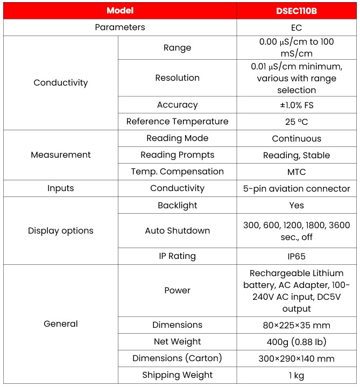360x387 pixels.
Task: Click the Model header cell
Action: tap(119, 11)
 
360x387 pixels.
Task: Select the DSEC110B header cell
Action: tap(296, 11)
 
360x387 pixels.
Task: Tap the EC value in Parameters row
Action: tap(296, 27)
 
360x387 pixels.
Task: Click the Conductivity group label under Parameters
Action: tap(60, 83)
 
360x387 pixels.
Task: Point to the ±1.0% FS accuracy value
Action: tap(296, 105)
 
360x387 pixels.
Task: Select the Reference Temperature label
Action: tap(177, 122)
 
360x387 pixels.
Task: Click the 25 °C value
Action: tap(296, 122)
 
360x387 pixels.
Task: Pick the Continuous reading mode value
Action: tap(296, 139)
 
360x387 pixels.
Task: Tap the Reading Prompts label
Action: tap(177, 155)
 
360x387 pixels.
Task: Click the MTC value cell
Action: tap(296, 172)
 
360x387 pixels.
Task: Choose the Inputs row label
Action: tap(60, 188)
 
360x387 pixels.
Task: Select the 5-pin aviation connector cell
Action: tap(296, 189)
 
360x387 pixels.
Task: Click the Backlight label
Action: tap(177, 206)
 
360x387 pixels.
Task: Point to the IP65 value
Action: tap(296, 257)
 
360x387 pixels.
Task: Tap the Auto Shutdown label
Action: tap(177, 231)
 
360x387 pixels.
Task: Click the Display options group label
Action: tap(60, 231)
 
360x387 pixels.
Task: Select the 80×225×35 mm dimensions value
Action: tap(296, 325)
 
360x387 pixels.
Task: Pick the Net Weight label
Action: tap(177, 342)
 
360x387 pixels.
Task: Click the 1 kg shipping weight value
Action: tap(296, 375)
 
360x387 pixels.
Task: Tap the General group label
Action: tap(60, 324)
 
